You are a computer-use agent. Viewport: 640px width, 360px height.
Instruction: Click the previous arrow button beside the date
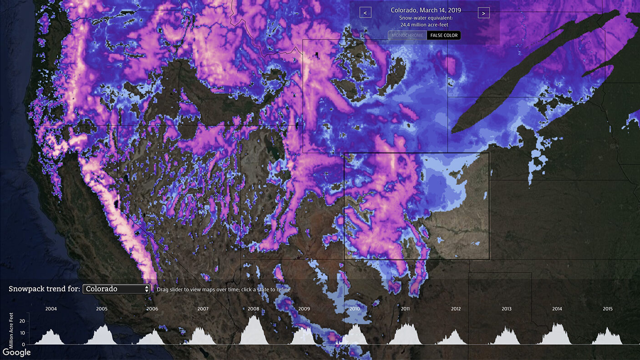(x=365, y=13)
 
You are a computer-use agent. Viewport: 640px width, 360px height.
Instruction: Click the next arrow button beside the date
(x=483, y=13)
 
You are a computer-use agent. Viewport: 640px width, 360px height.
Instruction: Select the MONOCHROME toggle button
(x=407, y=35)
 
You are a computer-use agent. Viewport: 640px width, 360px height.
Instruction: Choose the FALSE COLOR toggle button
(x=444, y=35)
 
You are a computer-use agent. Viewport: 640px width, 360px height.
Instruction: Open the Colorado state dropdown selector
(x=117, y=289)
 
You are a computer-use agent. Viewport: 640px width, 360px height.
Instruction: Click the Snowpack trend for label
(x=44, y=289)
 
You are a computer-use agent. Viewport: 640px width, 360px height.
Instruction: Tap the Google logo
(x=16, y=352)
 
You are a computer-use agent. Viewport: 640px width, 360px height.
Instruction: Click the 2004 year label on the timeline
(x=51, y=309)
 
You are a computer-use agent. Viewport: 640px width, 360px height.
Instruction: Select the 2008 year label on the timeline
(x=254, y=309)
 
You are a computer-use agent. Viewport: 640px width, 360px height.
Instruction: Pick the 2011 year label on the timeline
(x=405, y=309)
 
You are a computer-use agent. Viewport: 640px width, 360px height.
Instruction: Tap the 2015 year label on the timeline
(x=608, y=309)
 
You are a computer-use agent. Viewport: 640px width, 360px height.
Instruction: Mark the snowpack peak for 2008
(x=254, y=316)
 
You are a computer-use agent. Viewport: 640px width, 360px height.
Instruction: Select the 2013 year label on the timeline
(x=506, y=309)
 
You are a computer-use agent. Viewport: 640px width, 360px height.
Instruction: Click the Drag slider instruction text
(x=223, y=289)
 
